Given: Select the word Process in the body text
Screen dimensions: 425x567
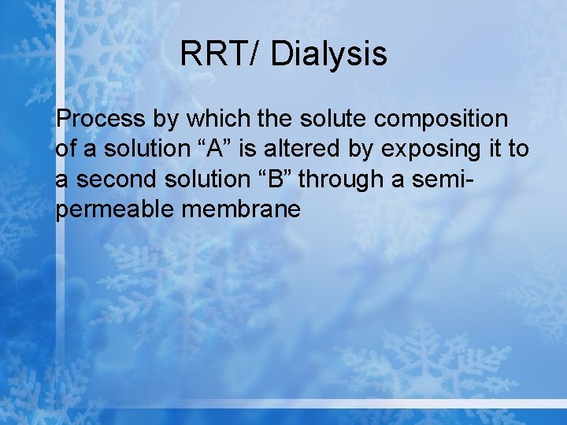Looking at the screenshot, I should pos(101,120).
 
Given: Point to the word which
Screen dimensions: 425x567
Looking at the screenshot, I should pos(225,120).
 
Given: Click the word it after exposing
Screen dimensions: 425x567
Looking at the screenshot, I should pos(498,150).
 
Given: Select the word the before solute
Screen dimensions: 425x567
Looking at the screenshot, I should pos(276,120).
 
